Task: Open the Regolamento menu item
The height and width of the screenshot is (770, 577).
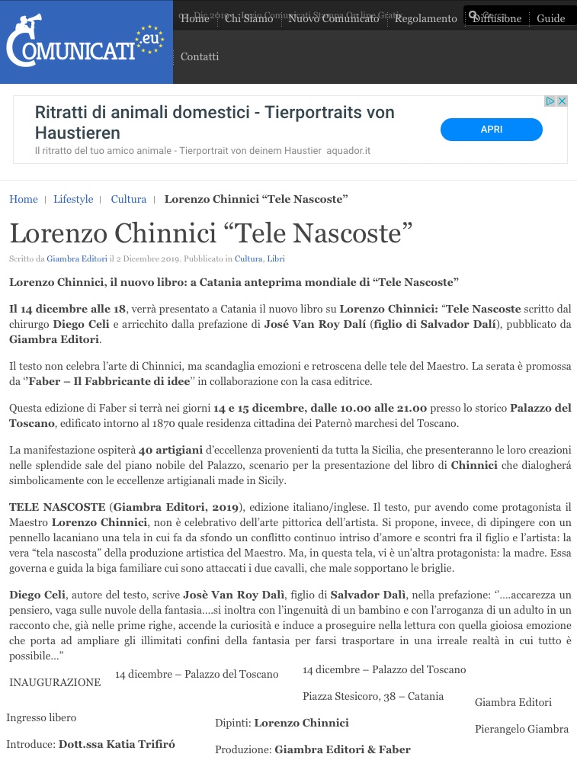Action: (x=425, y=18)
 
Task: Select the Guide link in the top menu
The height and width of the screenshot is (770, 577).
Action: (x=550, y=18)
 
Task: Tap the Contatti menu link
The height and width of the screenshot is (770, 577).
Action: (x=200, y=56)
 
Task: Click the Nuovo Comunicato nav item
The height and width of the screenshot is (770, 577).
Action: (x=333, y=18)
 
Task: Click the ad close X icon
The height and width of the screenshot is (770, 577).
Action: (x=563, y=101)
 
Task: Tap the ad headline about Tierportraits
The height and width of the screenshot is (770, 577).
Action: (x=215, y=123)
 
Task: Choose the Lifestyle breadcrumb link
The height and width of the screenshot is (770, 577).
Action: (x=73, y=200)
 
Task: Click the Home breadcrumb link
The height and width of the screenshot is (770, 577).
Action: (x=24, y=200)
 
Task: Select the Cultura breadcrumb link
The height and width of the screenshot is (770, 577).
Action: (x=128, y=200)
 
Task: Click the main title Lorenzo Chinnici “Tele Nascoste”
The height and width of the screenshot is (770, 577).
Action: (x=211, y=233)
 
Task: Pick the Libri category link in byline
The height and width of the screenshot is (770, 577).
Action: (x=276, y=259)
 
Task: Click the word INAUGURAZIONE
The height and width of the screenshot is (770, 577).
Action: (x=55, y=682)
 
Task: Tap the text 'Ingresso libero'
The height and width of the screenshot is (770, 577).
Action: (x=41, y=717)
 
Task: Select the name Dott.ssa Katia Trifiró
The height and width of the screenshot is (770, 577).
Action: (x=117, y=744)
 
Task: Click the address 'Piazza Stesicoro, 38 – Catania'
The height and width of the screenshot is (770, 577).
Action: (x=373, y=696)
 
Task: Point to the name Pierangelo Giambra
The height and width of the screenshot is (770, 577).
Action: (x=521, y=729)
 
